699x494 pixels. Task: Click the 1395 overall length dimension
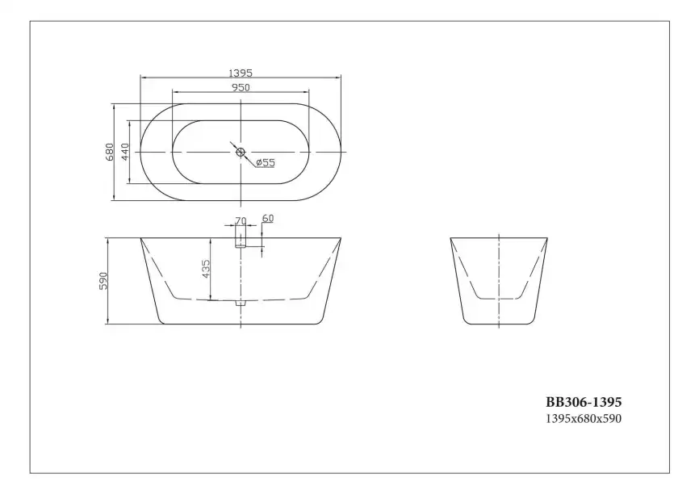pos(241,73)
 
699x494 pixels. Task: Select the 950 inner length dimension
pos(241,87)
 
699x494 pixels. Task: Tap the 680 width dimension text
pos(109,152)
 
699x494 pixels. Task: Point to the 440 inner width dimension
pos(125,152)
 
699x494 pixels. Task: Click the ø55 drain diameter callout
pos(265,163)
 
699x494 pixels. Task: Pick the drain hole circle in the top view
pos(240,152)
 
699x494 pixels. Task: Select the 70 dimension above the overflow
pos(240,220)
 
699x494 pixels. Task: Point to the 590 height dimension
pos(103,281)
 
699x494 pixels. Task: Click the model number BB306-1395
pos(584,401)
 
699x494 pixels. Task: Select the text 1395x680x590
pos(584,418)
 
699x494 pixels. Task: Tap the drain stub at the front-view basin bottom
pos(240,304)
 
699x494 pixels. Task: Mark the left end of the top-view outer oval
pos(140,152)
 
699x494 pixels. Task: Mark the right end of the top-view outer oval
pos(341,152)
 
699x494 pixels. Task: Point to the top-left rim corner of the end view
pos(450,238)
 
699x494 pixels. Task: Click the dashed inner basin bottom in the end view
pos(500,299)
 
